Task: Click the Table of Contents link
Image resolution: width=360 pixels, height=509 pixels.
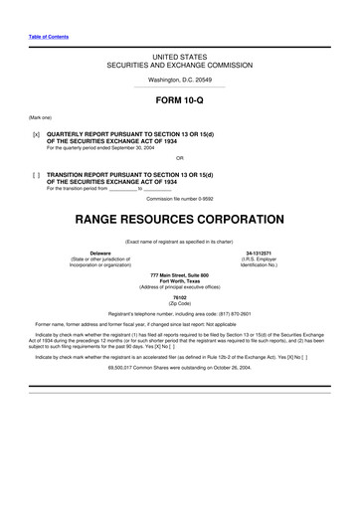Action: click(x=49, y=36)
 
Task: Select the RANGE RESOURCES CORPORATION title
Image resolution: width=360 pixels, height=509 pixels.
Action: click(x=179, y=214)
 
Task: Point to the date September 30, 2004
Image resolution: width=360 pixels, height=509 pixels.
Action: click(x=127, y=147)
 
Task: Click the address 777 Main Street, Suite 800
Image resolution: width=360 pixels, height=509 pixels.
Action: click(x=179, y=274)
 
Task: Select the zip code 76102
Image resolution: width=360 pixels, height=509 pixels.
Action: click(x=179, y=296)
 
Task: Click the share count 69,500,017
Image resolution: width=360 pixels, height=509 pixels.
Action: click(x=127, y=366)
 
